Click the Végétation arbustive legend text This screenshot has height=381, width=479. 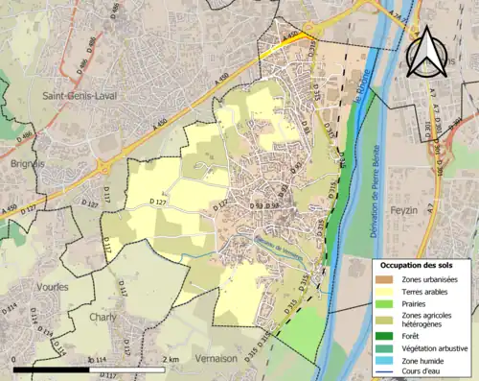coord(439,347)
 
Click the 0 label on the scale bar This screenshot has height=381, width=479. coord(14,359)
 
